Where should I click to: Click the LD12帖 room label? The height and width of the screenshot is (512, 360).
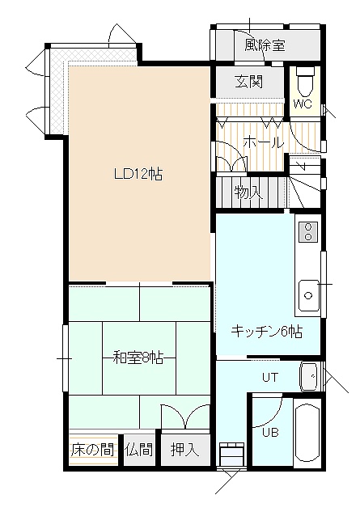[138, 174]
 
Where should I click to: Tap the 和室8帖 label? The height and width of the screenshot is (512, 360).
[138, 358]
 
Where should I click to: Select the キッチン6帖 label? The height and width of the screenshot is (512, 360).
[267, 332]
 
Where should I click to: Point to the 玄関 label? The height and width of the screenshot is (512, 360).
[249, 82]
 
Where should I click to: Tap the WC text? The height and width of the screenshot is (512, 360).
[303, 104]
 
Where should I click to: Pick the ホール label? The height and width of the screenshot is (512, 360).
[263, 142]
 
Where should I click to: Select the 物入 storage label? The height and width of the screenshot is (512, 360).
[248, 193]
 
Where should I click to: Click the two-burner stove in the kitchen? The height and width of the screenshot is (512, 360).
[308, 232]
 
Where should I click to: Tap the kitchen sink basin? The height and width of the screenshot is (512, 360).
[308, 295]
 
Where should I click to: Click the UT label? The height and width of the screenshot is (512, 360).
[270, 378]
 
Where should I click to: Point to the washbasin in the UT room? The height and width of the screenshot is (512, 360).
[309, 376]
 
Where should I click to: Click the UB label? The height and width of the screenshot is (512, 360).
[270, 432]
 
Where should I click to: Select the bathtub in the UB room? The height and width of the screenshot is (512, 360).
[307, 434]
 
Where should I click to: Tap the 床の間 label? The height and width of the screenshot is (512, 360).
[93, 450]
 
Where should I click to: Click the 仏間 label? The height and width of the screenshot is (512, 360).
[139, 450]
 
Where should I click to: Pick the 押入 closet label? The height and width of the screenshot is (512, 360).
[185, 450]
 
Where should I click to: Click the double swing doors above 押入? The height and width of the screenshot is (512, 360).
[185, 417]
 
